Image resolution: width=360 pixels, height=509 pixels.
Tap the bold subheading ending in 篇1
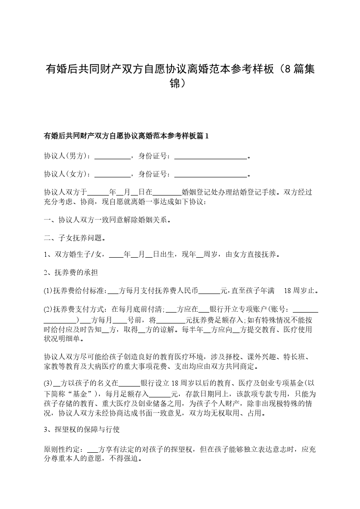click(126, 136)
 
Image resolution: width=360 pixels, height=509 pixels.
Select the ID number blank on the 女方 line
click(211, 174)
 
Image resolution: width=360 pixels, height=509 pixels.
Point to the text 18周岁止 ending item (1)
click(300, 290)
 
